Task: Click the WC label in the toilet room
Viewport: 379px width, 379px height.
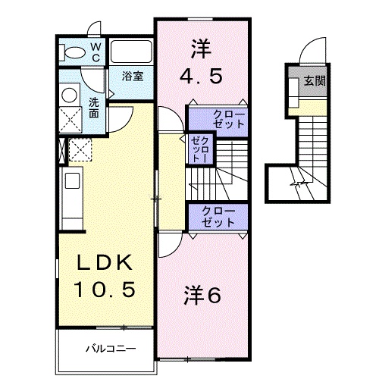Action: (x=96, y=52)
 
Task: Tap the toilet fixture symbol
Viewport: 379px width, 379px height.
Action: (x=76, y=52)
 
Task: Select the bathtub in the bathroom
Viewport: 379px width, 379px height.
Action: (x=132, y=53)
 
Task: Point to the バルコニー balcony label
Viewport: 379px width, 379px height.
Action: (x=109, y=350)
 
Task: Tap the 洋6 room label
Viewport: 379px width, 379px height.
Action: (x=202, y=294)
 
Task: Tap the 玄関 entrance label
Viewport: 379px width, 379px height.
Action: (x=316, y=80)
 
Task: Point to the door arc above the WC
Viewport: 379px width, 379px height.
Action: (x=92, y=28)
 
